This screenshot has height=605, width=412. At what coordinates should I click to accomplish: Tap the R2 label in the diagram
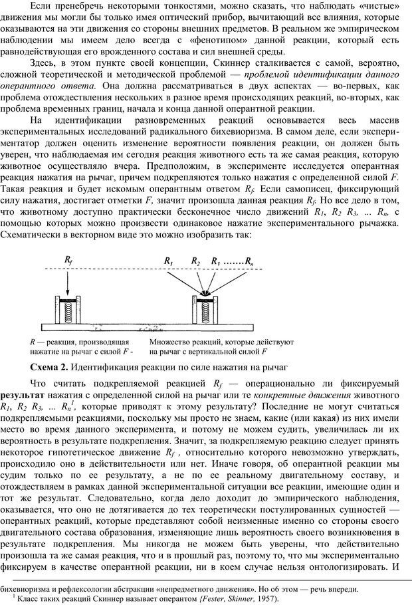pyautogui.click(x=195, y=261)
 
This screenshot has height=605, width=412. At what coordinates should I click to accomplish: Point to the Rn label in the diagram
pyautogui.click(x=248, y=261)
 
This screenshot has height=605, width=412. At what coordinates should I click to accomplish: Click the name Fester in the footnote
pyautogui.click(x=188, y=598)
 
